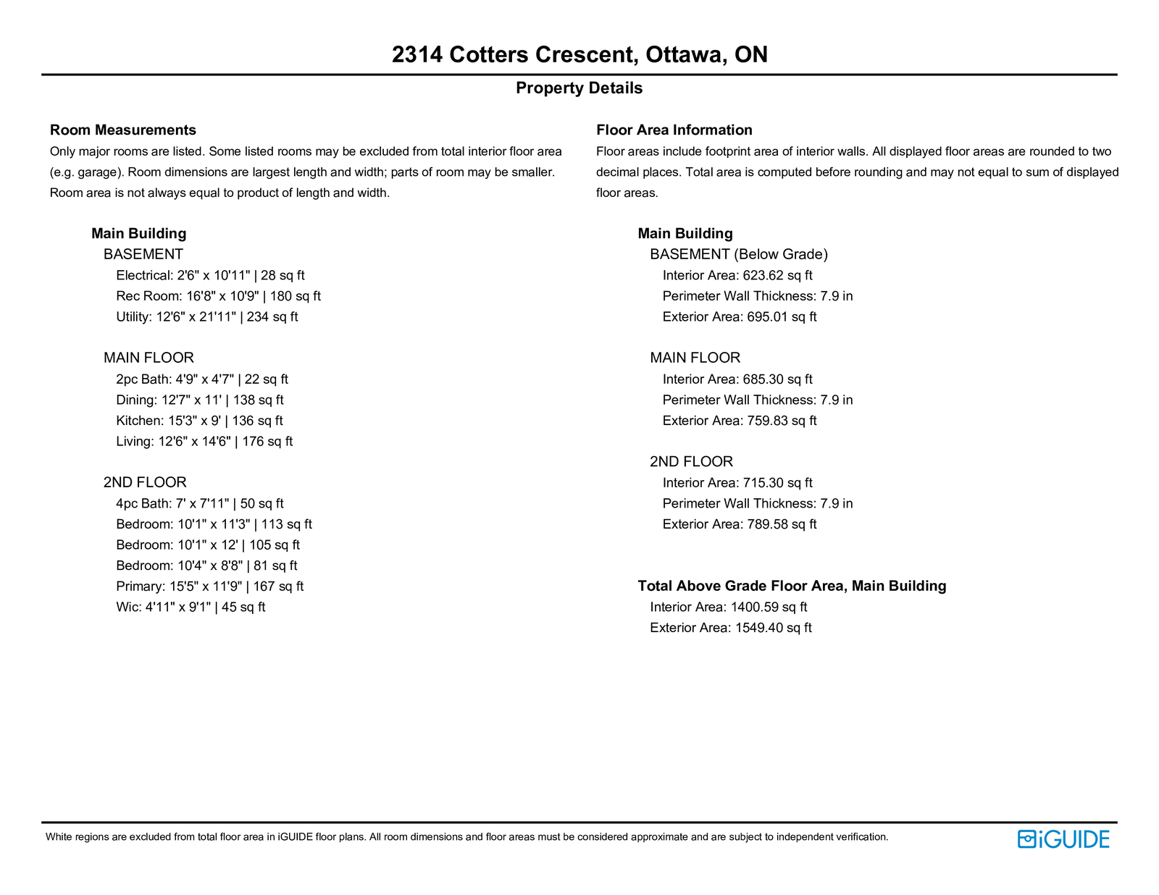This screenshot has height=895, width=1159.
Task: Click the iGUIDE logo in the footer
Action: click(x=1063, y=839)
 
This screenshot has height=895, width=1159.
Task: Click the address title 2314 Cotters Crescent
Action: click(x=579, y=54)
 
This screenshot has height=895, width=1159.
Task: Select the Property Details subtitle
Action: click(x=579, y=88)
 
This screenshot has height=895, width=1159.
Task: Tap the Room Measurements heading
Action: click(x=123, y=130)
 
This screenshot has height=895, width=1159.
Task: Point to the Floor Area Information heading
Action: click(x=674, y=130)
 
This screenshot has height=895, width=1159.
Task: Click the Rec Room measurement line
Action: click(x=218, y=296)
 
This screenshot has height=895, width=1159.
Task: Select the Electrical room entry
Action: click(x=210, y=275)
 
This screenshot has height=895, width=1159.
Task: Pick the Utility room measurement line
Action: click(x=206, y=317)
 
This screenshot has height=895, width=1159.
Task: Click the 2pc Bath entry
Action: click(x=201, y=379)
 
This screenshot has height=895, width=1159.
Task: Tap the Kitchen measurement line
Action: click(x=199, y=421)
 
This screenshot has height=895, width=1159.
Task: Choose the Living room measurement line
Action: click(x=204, y=442)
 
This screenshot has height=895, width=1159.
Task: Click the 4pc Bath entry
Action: click(x=199, y=504)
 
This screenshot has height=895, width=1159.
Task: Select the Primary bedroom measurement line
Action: click(x=209, y=587)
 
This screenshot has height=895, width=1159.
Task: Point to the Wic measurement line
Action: click(x=191, y=608)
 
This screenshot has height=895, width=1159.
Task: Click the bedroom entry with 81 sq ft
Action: click(x=206, y=566)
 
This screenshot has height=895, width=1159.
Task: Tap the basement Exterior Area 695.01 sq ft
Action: click(x=740, y=317)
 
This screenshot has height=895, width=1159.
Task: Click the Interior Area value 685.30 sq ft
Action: click(x=737, y=379)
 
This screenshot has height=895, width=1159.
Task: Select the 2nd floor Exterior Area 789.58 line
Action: click(x=740, y=524)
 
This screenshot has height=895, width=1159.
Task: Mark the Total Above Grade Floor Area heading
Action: click(x=792, y=586)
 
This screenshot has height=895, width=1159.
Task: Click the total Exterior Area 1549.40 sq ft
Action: click(x=730, y=628)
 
